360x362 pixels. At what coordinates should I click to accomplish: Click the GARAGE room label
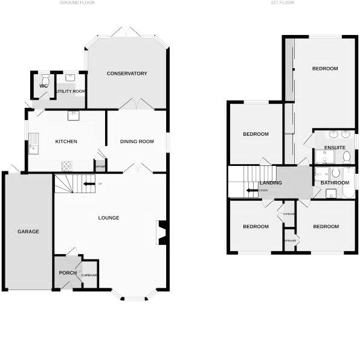tap(28, 232)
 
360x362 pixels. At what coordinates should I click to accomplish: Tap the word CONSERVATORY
tap(127, 74)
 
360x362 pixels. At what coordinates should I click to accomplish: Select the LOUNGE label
tap(109, 218)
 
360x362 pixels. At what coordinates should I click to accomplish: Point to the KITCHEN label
tap(66, 142)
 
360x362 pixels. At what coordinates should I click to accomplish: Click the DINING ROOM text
tap(137, 142)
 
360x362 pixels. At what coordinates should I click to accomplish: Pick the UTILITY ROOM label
tap(71, 91)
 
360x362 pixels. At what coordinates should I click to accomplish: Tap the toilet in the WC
tap(45, 78)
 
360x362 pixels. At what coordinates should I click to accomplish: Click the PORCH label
tap(68, 273)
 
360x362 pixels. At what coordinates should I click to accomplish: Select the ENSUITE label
tap(335, 147)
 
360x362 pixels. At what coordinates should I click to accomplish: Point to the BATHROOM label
tap(334, 182)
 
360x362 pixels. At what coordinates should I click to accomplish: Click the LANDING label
tap(270, 182)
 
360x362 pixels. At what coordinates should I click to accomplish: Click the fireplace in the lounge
tap(162, 233)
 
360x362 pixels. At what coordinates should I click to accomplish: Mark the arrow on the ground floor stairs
tap(89, 183)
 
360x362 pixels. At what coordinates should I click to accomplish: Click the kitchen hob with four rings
tap(66, 165)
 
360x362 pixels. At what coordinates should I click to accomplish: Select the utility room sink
tap(69, 77)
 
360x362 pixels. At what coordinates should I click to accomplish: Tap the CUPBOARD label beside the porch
tap(89, 275)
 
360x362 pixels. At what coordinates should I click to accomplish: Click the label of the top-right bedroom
tap(325, 69)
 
